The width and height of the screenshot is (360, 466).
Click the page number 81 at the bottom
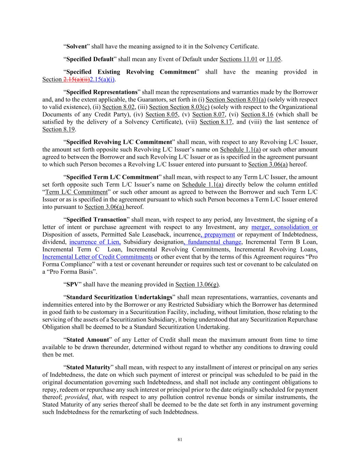[x=180, y=440]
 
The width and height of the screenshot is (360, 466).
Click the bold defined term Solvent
[x=76, y=46]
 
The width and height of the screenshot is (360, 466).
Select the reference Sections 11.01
[x=239, y=59]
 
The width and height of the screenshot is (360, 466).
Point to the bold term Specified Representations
[x=102, y=92]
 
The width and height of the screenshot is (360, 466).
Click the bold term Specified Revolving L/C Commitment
[x=119, y=142]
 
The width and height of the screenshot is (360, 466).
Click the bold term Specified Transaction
[x=96, y=220]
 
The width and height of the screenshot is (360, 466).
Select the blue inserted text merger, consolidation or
[x=284, y=227]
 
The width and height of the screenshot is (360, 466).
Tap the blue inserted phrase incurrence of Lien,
[x=95, y=242]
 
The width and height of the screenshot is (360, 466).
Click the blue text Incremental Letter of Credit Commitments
[x=97, y=257]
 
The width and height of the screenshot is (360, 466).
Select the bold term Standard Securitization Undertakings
[x=119, y=297]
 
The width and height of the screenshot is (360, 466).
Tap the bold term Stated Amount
[x=87, y=340]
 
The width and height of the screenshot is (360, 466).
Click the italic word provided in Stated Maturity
[x=76, y=397]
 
